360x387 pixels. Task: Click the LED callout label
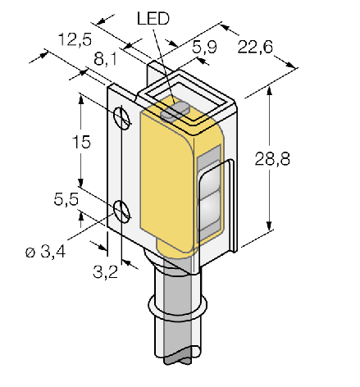(x=153, y=19)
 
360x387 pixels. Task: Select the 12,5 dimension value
(x=75, y=39)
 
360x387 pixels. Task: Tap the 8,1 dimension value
(x=105, y=59)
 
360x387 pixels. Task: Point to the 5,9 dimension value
(x=204, y=47)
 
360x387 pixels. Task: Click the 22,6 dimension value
(x=255, y=47)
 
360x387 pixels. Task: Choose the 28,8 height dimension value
(x=272, y=159)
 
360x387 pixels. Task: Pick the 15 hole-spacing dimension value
(x=81, y=142)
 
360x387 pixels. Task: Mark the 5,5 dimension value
(x=66, y=199)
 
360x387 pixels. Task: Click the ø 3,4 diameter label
(x=46, y=252)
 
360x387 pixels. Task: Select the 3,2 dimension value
(x=105, y=272)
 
